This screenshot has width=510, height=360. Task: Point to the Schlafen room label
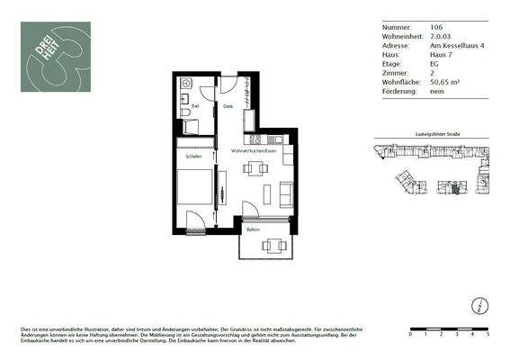193,156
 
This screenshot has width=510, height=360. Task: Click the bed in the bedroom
192,190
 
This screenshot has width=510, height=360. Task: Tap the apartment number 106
413,28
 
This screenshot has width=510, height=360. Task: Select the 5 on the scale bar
487,334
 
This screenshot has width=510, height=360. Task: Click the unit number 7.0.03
416,36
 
